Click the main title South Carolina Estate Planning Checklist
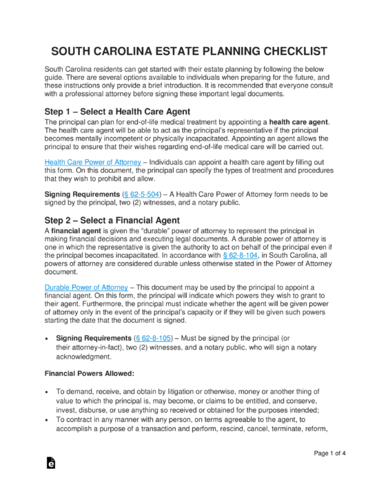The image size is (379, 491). [189, 52]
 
